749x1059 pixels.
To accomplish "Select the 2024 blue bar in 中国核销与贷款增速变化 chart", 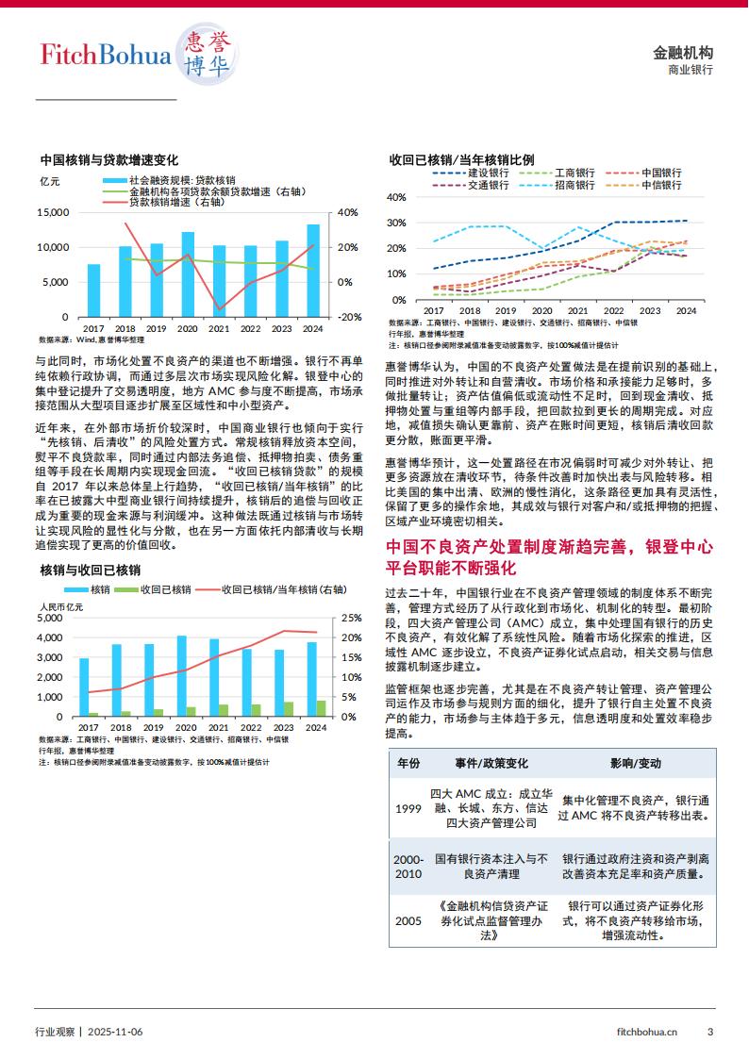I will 313,270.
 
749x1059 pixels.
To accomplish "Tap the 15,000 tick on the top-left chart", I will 52,212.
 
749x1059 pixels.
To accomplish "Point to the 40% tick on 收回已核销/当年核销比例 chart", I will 396,197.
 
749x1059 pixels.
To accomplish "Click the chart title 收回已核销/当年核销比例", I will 461,159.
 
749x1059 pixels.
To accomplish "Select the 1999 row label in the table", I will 408,809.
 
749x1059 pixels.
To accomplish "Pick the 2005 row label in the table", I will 408,920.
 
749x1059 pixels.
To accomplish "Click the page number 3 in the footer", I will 710,1032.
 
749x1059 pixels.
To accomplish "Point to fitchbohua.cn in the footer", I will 645,1032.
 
